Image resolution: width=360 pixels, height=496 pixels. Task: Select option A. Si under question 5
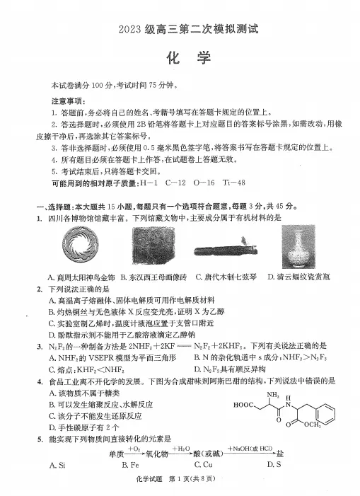(58, 465)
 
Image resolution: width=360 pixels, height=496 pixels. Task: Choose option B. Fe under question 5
(129, 465)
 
